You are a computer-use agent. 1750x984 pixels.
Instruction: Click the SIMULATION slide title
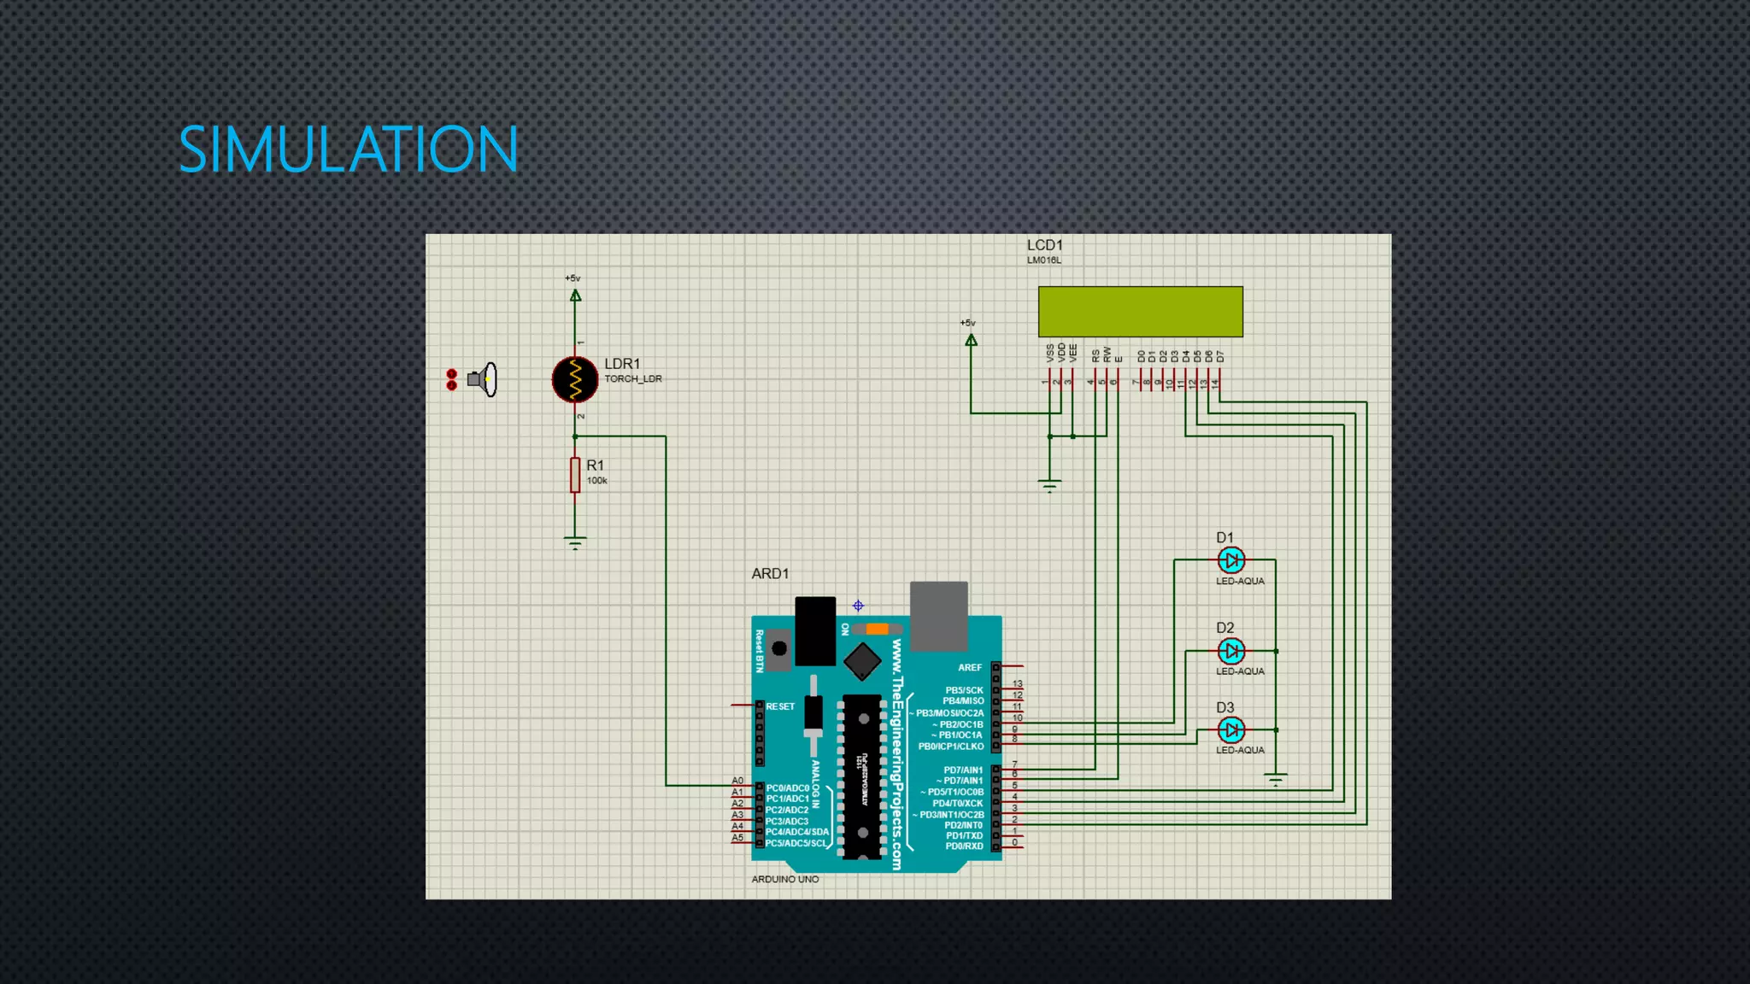348,149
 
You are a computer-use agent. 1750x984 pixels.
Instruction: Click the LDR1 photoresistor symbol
575,379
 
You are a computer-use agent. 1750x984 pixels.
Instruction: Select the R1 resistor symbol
575,475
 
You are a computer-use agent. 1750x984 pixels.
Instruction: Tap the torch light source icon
482,379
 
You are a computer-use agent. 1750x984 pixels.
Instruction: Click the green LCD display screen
1140,312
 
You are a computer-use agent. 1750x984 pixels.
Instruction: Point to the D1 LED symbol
1230,560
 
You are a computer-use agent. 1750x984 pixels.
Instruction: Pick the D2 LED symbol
1230,651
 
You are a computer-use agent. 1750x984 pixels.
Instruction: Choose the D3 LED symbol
1230,730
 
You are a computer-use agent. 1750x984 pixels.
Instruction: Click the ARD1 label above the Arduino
770,574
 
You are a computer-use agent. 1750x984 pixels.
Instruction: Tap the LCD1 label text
1044,246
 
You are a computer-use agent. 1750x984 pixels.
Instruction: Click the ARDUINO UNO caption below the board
784,879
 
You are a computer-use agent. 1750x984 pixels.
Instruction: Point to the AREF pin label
969,668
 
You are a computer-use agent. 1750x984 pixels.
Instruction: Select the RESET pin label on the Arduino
779,706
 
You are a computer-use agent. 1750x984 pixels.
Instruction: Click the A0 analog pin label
737,781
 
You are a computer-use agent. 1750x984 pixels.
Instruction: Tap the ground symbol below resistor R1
575,542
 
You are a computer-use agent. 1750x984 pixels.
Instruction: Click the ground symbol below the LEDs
1275,780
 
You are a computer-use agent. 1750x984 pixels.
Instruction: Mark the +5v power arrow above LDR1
575,296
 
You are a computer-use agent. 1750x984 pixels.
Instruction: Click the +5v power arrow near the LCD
971,340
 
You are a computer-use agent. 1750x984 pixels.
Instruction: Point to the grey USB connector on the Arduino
938,615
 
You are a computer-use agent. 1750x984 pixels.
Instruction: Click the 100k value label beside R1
596,481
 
